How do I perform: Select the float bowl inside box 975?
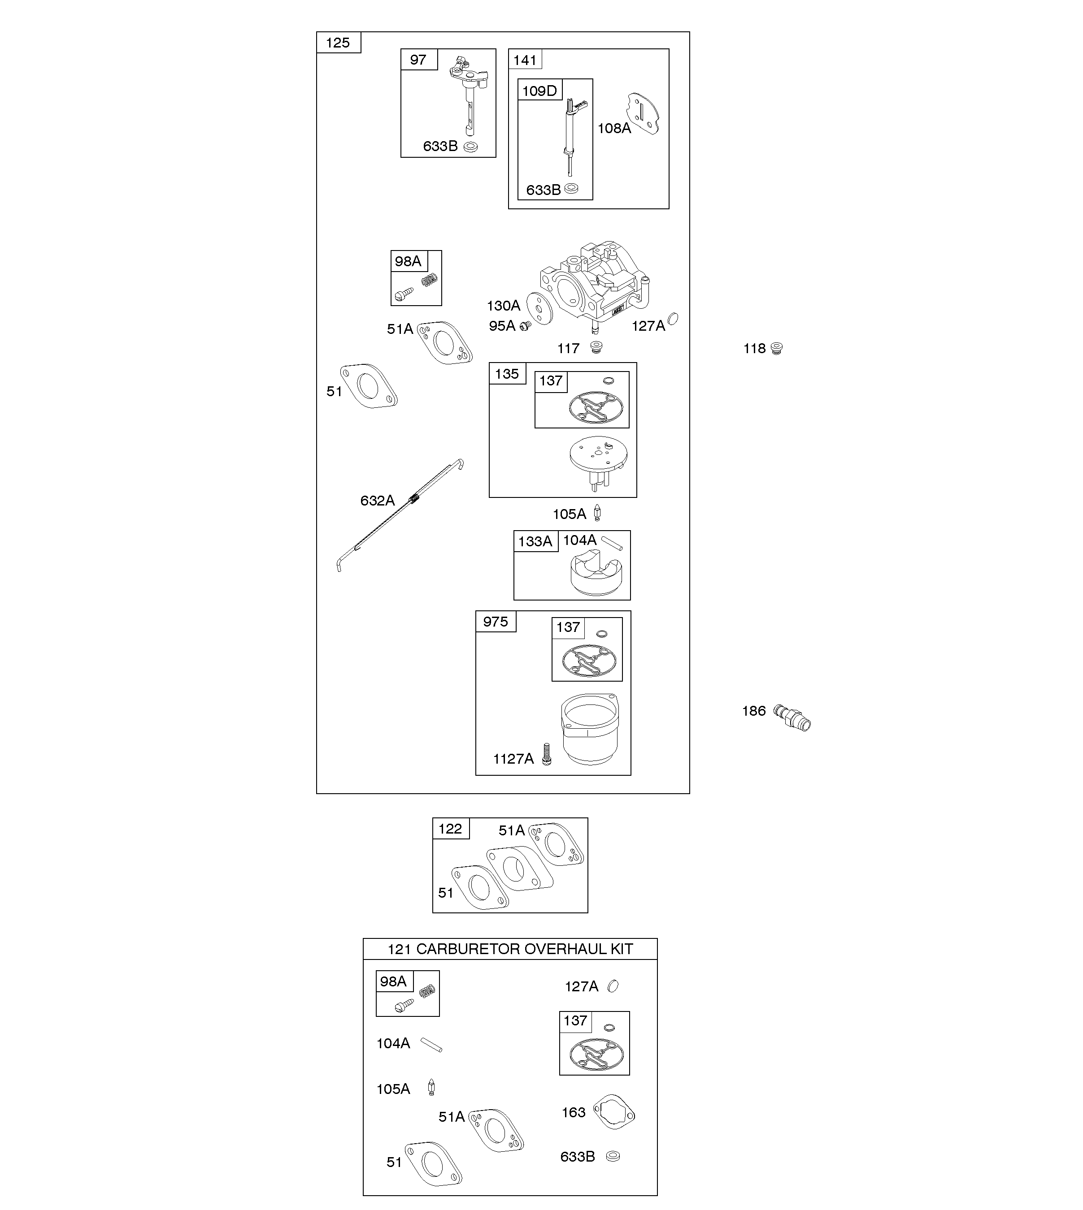click(589, 730)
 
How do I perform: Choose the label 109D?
click(539, 91)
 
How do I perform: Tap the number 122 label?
click(450, 829)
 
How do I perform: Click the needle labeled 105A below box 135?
click(597, 513)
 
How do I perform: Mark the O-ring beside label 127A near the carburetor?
click(673, 319)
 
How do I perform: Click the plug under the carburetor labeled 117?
click(596, 347)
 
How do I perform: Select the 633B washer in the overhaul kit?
click(613, 1157)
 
